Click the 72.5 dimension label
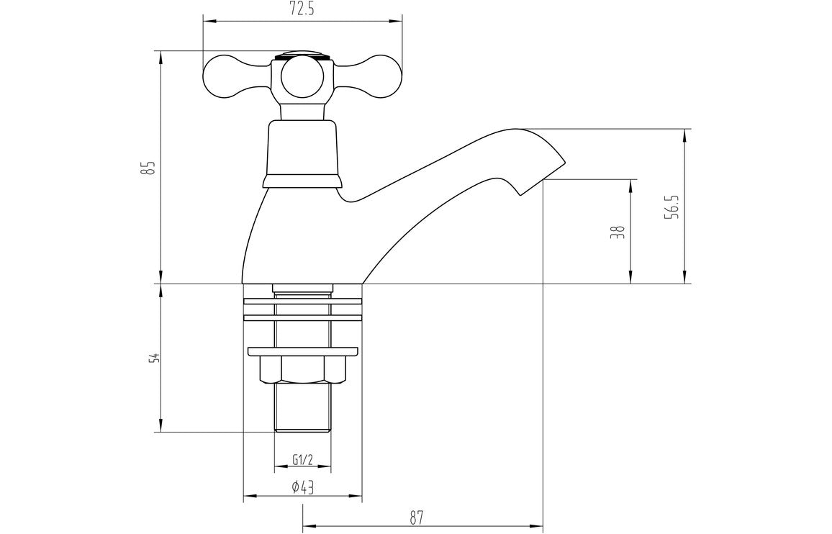302,9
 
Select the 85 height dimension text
150,168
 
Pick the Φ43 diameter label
302,487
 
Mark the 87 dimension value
416,517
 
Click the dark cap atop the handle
302,54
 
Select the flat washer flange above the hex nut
302,352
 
